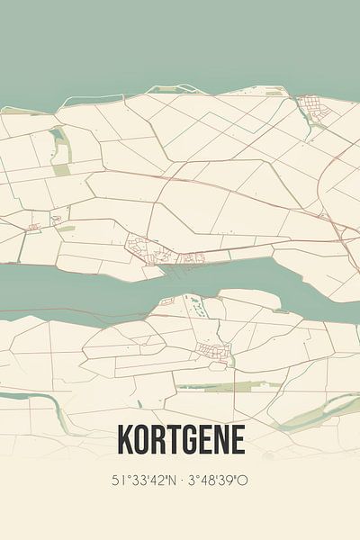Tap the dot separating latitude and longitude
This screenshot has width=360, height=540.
[180, 480]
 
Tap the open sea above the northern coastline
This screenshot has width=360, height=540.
[180, 45]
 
